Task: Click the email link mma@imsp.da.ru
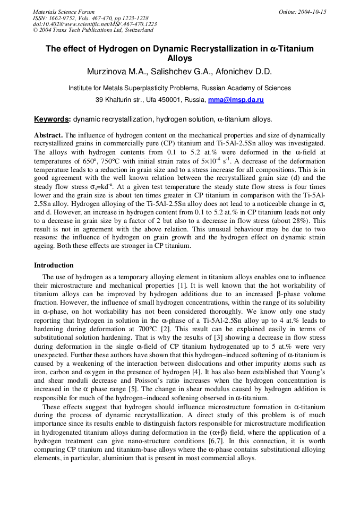[236, 100]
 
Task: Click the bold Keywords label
[52, 119]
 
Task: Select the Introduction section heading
[54, 265]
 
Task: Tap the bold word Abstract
[48, 135]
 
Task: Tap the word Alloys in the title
[179, 58]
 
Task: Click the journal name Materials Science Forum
[64, 12]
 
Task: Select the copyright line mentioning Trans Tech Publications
[93, 30]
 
